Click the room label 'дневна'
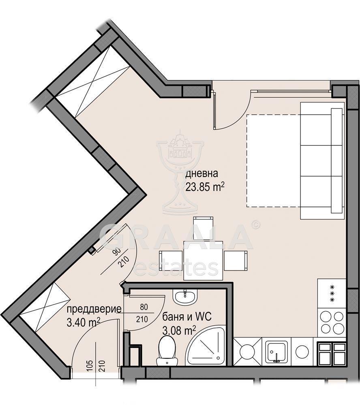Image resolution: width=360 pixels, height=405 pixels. tap(202, 174)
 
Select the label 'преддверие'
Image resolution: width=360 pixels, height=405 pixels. tap(94, 309)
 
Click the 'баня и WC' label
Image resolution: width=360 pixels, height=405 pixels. tap(187, 317)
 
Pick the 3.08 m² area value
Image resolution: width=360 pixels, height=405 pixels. tap(179, 330)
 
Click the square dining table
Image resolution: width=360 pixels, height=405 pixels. tap(203, 260)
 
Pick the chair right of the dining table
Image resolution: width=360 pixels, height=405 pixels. tap(236, 260)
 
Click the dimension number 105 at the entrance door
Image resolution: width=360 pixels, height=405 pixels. tap(90, 365)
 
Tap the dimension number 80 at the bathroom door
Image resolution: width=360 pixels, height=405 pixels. tap(144, 307)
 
